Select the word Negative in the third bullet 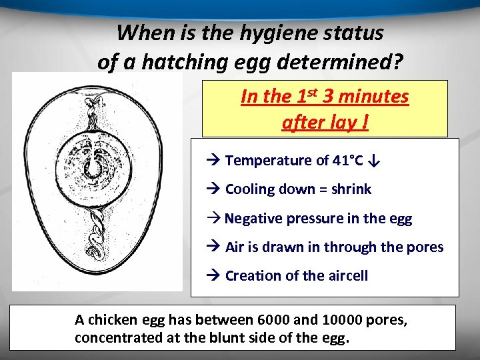(252, 218)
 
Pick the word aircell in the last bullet (344, 275)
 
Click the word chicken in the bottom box (109, 321)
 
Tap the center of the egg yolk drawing (95, 165)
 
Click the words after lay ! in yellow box (325, 123)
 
